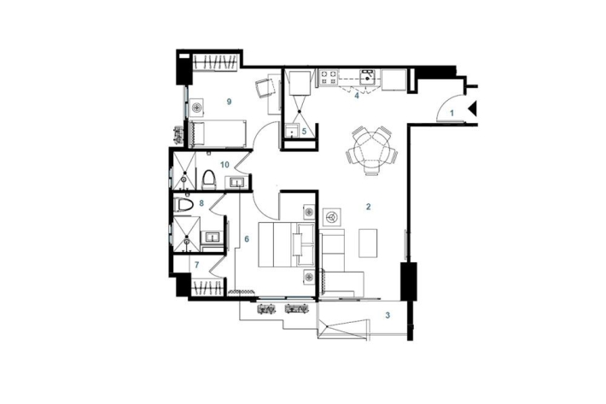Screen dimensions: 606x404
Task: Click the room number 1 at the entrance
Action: click(x=452, y=114)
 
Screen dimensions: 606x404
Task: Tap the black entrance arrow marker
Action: click(x=474, y=108)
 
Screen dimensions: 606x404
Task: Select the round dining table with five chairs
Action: click(x=372, y=150)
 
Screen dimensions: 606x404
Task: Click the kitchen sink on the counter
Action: click(x=368, y=77)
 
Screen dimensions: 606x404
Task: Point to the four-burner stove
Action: click(x=329, y=78)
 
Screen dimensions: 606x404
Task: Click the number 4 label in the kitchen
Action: click(x=357, y=95)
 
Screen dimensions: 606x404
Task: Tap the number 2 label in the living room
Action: click(x=369, y=207)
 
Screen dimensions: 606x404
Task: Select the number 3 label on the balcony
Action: click(x=387, y=315)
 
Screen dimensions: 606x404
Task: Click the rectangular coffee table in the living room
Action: click(x=368, y=243)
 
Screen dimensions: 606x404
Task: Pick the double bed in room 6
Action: click(x=287, y=244)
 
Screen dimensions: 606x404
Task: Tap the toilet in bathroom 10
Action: click(x=209, y=179)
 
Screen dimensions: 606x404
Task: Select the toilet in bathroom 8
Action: click(x=184, y=204)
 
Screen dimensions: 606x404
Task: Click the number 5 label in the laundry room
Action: click(x=304, y=132)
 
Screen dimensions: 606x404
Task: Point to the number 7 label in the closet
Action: click(x=196, y=266)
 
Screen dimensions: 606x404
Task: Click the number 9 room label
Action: click(x=230, y=102)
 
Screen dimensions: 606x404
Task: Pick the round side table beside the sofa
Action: click(x=332, y=217)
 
